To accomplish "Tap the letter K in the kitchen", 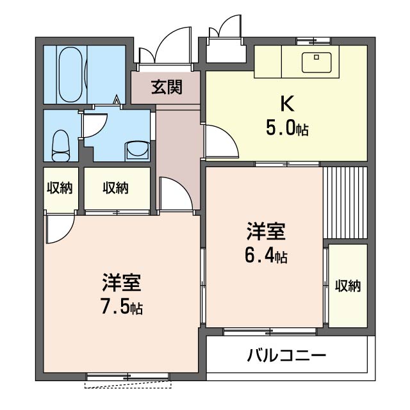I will tap(286, 102).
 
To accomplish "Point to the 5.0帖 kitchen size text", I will tap(286, 128).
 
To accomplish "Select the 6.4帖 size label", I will tap(265, 256).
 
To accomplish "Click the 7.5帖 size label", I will tap(121, 307).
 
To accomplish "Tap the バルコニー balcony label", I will tap(287, 355).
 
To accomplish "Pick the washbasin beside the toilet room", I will tap(136, 150).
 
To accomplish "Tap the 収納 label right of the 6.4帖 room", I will tap(348, 286).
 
